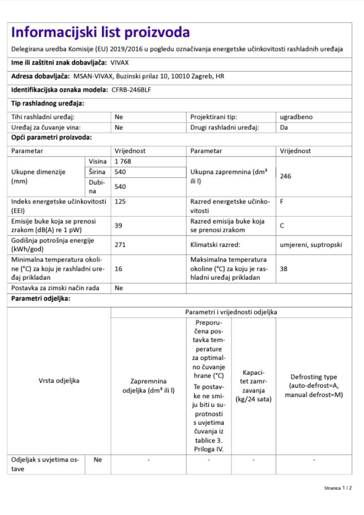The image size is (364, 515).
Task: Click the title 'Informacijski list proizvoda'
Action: tap(101, 32)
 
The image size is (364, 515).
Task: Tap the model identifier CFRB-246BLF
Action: tap(135, 90)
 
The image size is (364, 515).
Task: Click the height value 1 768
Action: tap(124, 162)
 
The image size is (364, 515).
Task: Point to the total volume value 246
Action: tap(286, 176)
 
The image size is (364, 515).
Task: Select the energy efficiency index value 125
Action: tap(120, 202)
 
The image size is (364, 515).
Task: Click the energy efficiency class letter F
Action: tap(282, 202)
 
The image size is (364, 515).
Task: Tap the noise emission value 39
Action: tap(119, 226)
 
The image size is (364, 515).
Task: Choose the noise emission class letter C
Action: tap(282, 226)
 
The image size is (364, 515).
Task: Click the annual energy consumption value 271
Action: tap(120, 245)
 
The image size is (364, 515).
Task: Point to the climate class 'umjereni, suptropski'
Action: tap(310, 245)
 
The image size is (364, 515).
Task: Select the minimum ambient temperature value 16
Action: tap(119, 268)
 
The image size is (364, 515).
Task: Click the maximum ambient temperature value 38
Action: tap(284, 268)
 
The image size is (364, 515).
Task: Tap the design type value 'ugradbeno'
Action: tap(296, 117)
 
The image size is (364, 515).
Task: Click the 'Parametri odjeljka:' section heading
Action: tap(41, 299)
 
